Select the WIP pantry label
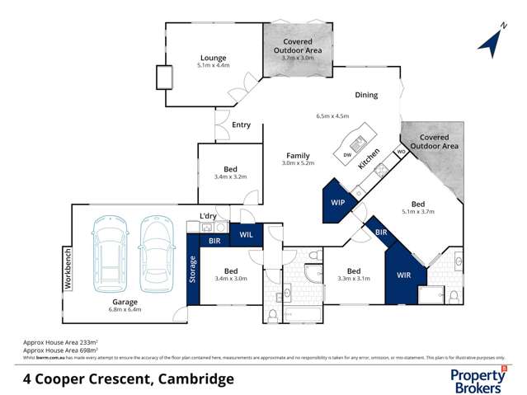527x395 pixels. tap(337, 201)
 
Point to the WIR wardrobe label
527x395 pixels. tap(404, 274)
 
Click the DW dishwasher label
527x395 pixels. tap(347, 155)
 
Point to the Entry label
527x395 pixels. tap(241, 125)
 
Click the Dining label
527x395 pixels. tap(366, 95)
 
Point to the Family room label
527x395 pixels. tap(298, 155)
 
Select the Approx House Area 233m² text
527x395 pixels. tap(62, 341)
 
